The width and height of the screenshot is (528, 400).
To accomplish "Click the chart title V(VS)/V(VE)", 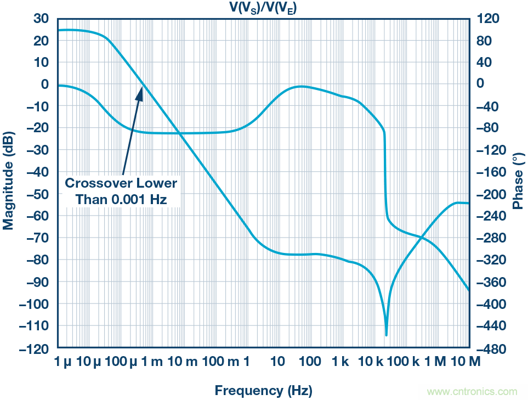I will [x=263, y=7].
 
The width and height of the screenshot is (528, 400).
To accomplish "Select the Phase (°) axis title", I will [x=517, y=182].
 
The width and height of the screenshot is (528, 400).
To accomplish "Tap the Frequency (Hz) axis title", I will [x=263, y=391].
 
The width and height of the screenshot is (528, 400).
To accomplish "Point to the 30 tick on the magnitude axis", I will [x=42, y=19].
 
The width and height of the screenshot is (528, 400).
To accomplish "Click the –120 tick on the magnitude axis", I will [x=37, y=348].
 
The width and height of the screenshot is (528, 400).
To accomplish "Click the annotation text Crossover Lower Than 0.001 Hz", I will [x=121, y=190].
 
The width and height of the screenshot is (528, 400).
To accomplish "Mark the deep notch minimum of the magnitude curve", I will [x=387, y=334].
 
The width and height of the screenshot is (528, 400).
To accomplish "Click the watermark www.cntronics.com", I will [x=472, y=392].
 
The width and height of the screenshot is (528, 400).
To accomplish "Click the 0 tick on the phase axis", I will [x=482, y=84].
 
